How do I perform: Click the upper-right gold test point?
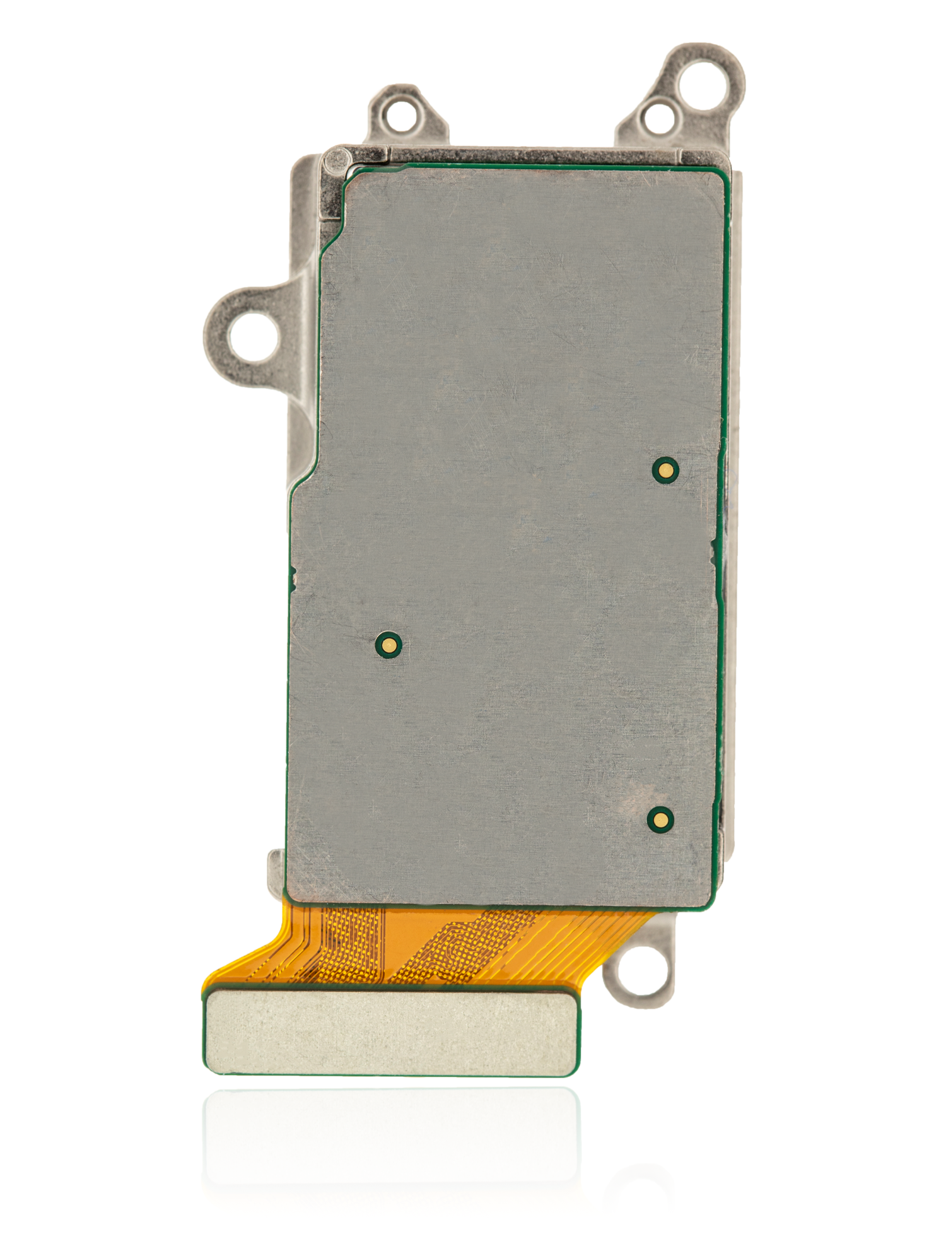click(665, 470)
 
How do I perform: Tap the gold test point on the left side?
click(388, 645)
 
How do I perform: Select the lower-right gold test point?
click(660, 819)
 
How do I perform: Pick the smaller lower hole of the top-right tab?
click(658, 117)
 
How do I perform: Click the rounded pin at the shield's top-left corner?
click(338, 162)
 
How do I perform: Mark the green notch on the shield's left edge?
click(293, 574)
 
